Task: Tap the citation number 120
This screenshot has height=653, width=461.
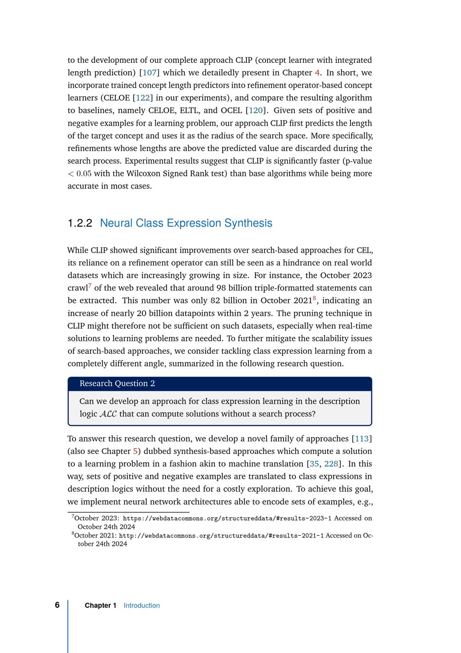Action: tap(255, 110)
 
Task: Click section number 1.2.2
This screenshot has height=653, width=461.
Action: tap(80, 223)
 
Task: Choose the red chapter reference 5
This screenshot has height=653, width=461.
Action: tap(136, 451)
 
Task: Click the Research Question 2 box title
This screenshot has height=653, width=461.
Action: tap(117, 383)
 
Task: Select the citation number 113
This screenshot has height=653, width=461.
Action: tap(362, 439)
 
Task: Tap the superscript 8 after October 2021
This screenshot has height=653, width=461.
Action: tap(314, 298)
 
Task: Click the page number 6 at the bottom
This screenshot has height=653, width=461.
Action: tap(57, 605)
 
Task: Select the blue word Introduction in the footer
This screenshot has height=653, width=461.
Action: tap(142, 605)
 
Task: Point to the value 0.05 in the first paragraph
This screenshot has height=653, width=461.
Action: tap(84, 174)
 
